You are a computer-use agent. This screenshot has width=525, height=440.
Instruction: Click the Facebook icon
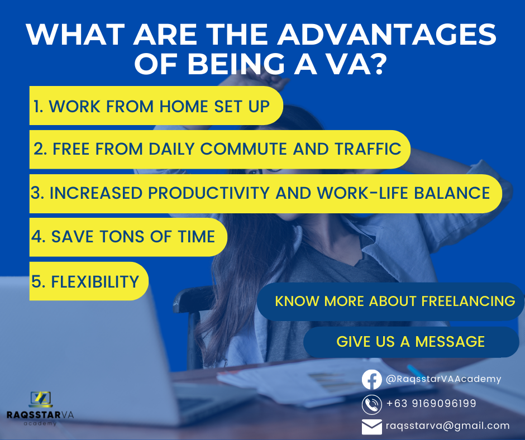371,379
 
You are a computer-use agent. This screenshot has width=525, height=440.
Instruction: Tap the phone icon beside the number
371,404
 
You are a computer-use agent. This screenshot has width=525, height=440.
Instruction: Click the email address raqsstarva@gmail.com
448,425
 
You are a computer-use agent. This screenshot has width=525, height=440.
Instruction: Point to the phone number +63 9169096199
431,403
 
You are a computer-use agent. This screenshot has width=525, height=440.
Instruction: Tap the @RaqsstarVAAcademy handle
443,379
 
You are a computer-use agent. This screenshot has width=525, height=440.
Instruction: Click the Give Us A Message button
411,342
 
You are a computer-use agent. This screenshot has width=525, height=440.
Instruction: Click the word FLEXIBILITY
95,281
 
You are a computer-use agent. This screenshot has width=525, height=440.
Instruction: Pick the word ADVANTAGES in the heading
386,34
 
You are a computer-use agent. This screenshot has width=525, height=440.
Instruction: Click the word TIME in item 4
196,236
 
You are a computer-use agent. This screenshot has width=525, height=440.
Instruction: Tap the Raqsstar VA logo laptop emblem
41,399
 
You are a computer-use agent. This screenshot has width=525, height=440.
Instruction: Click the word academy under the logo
40,424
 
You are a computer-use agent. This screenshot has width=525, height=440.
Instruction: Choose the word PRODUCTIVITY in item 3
208,193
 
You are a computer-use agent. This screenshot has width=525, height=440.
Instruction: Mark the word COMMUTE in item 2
244,149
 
